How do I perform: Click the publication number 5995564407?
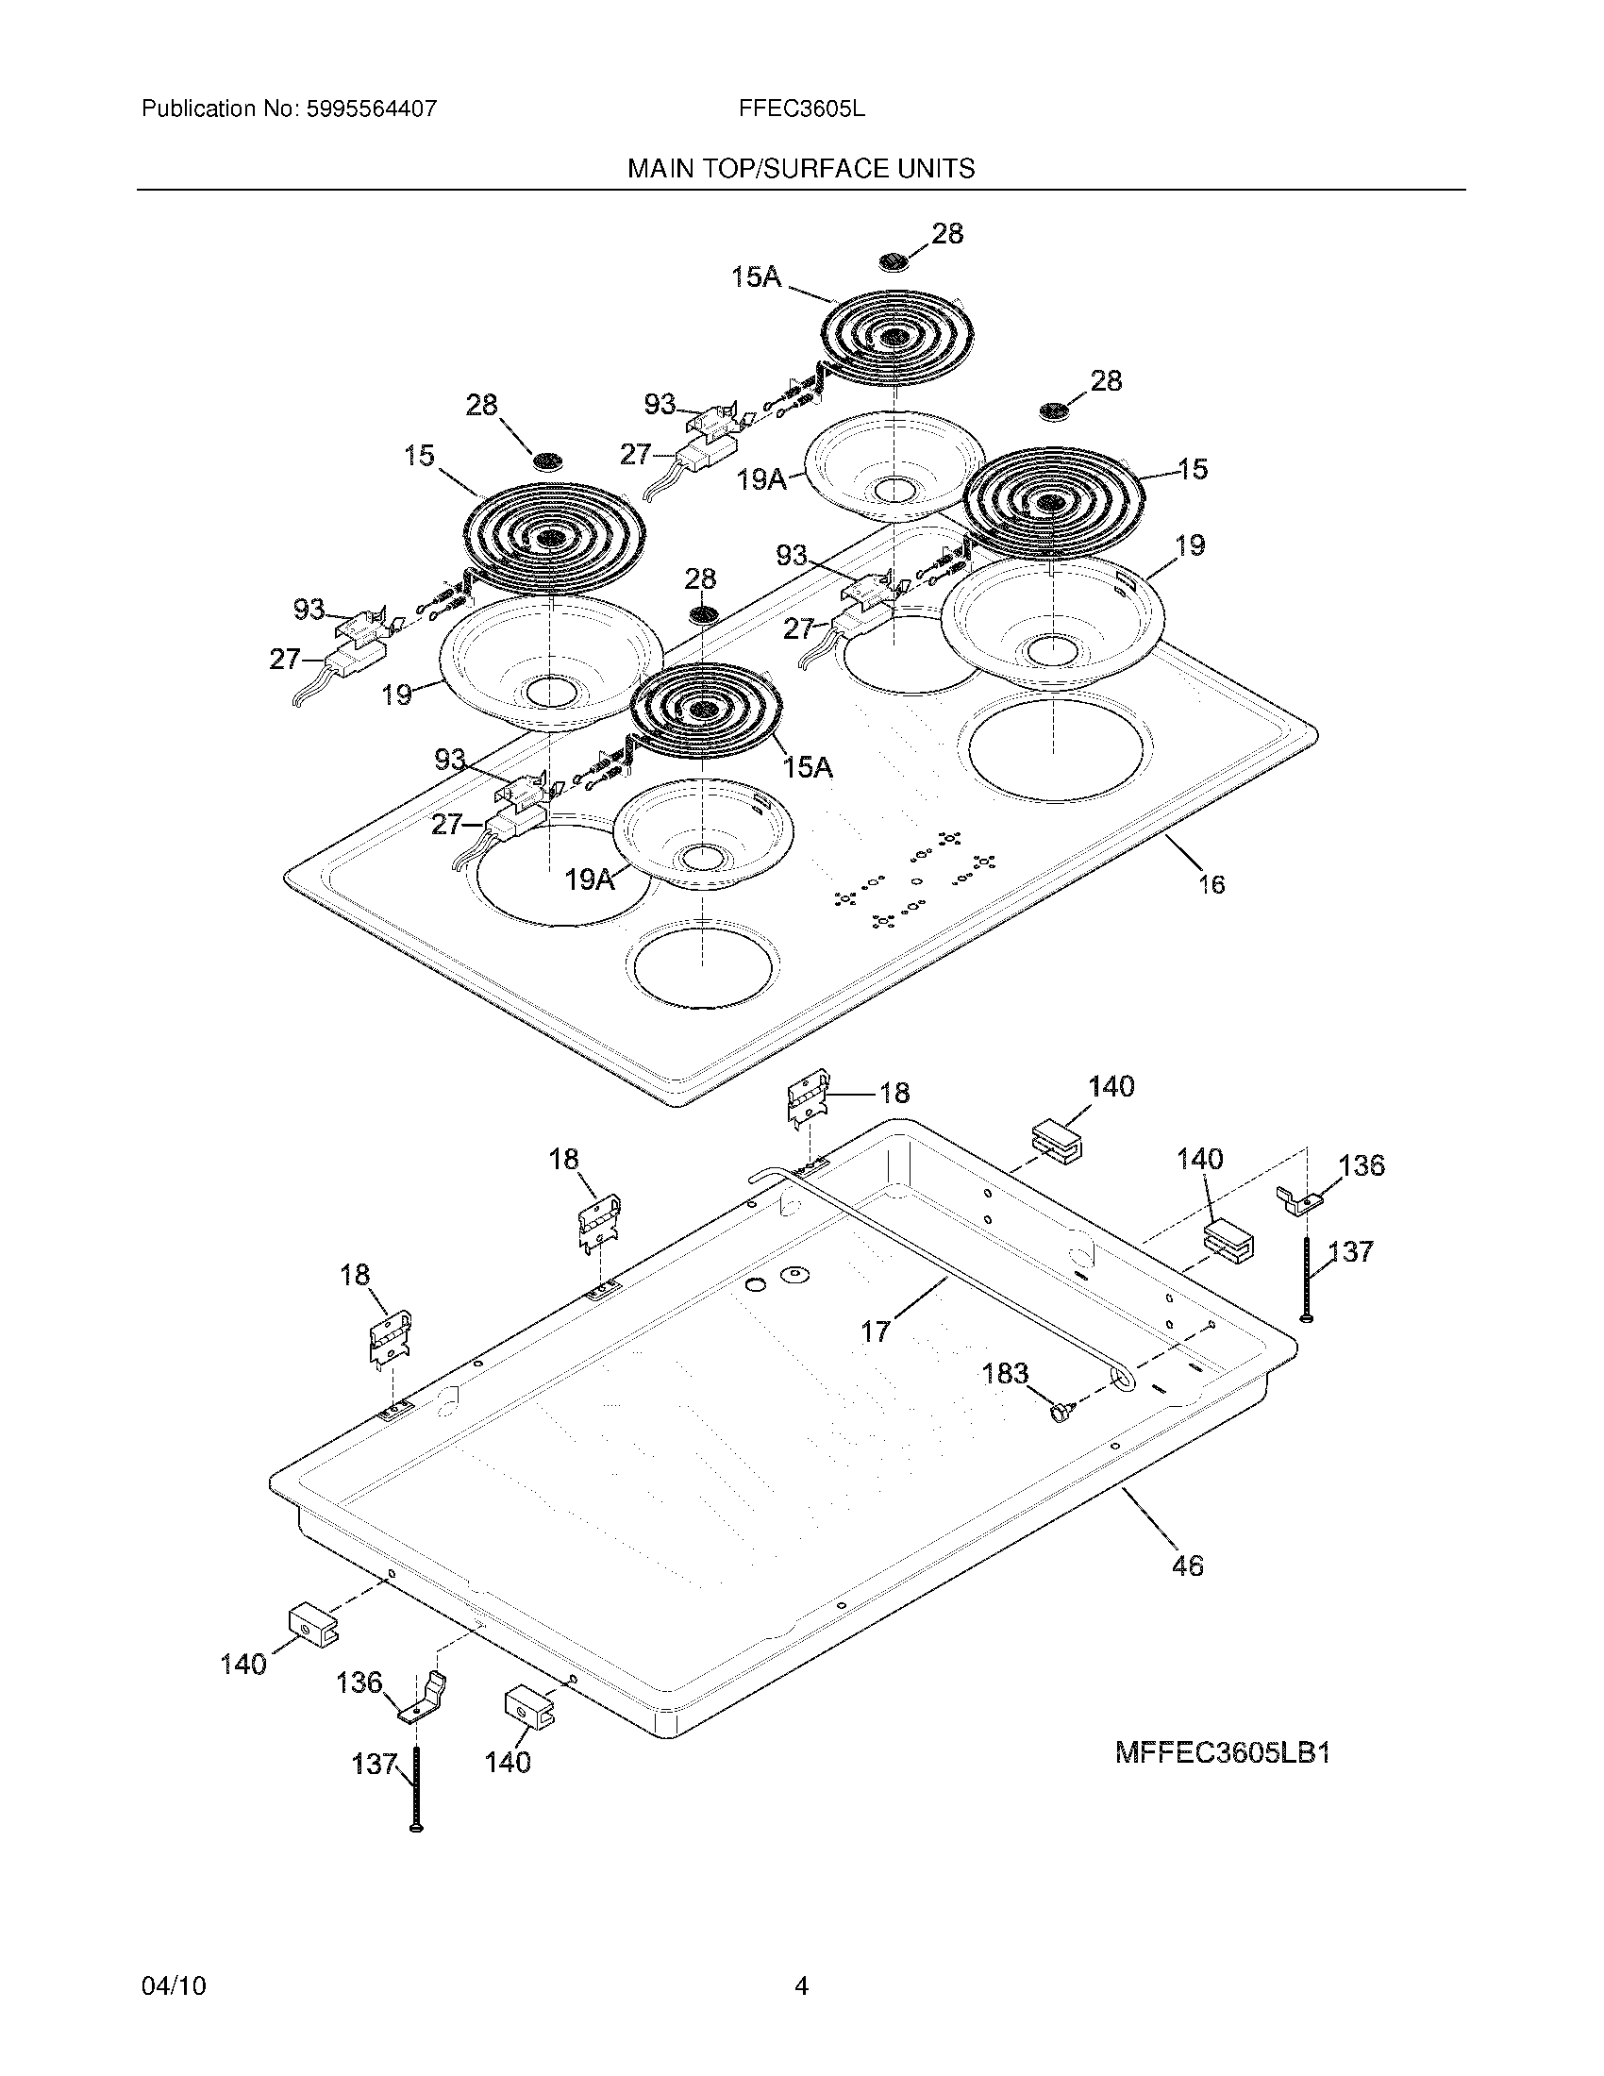coord(370,109)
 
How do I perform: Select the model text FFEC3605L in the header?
coord(801,109)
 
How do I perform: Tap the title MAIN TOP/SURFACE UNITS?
coord(800,169)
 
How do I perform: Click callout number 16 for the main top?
coord(1211,884)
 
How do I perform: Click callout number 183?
coord(1005,1374)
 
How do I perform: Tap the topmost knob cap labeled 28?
coord(894,261)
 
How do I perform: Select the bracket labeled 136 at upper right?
coord(1298,1200)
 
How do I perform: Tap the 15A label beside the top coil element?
coord(756,277)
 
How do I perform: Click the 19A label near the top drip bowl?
coord(762,479)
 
